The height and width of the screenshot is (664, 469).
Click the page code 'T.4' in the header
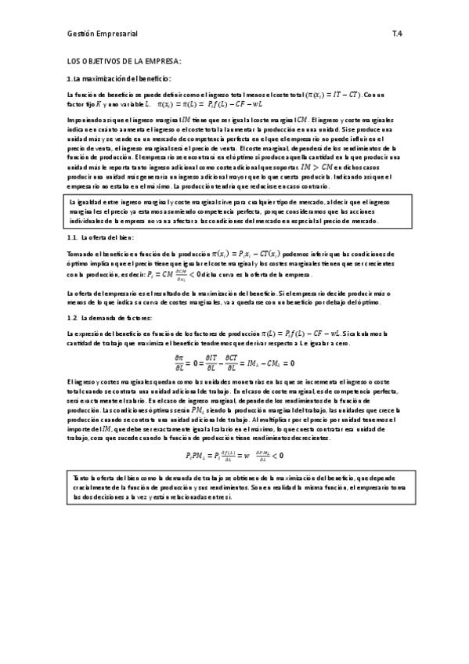pyautogui.click(x=397, y=34)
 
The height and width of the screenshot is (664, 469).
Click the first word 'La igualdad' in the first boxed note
pyautogui.click(x=87, y=203)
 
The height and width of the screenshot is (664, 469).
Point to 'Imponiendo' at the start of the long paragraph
pyautogui.click(x=84, y=119)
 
